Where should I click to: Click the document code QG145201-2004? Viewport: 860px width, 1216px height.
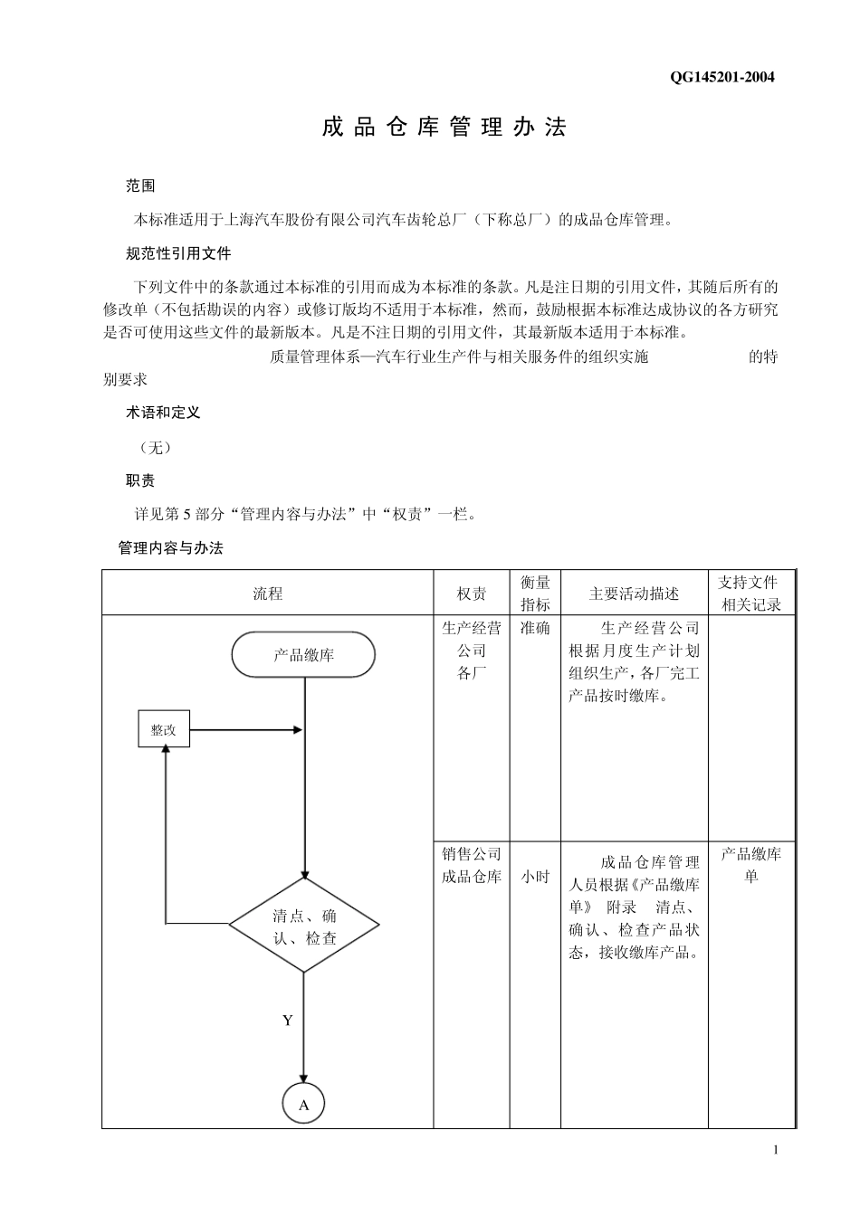[721, 77]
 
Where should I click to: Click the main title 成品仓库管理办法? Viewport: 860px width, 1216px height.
[444, 128]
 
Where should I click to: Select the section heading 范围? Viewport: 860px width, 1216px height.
[140, 186]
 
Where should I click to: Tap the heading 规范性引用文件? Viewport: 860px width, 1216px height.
[178, 253]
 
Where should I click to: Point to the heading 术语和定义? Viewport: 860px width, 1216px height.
[163, 413]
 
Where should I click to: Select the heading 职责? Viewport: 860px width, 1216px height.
[140, 480]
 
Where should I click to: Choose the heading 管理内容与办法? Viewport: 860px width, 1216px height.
[171, 548]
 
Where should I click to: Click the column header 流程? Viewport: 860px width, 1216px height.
[268, 594]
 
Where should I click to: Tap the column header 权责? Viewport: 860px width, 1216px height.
[472, 594]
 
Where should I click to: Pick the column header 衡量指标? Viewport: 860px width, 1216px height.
[535, 594]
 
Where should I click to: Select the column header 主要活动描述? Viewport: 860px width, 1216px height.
[634, 594]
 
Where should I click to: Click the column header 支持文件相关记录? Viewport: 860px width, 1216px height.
[750, 594]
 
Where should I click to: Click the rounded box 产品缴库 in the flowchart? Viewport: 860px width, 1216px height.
[303, 655]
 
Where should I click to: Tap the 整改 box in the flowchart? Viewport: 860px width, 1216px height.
[164, 729]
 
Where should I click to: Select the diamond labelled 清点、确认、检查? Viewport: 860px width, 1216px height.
[303, 926]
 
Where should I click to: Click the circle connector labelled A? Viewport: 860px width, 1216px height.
[304, 1105]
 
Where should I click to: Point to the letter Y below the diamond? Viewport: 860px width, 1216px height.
[288, 1021]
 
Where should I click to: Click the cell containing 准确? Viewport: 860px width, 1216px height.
[535, 628]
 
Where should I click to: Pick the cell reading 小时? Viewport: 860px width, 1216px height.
[535, 877]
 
